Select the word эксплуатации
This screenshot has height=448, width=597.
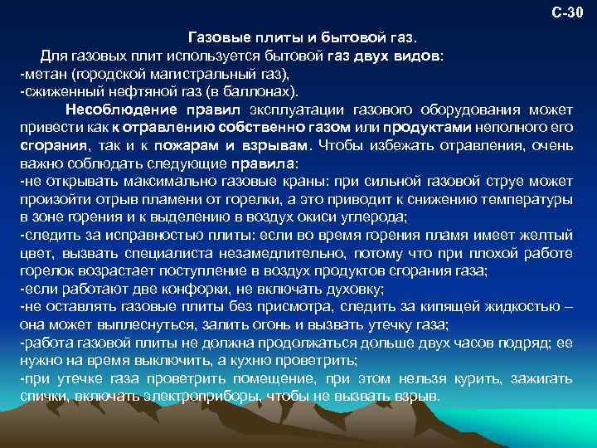click(297, 110)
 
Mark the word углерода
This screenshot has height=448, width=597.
click(376, 217)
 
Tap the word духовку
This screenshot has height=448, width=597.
click(354, 290)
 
